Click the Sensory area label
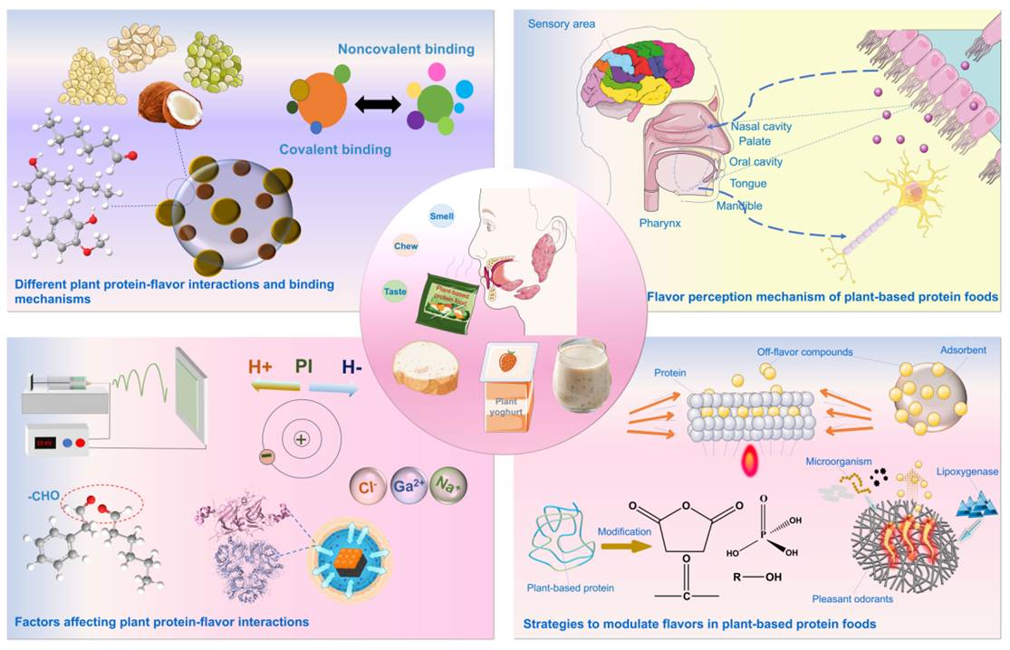(x=562, y=24)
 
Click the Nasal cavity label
(x=761, y=127)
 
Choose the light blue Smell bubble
(x=443, y=216)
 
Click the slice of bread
(x=426, y=369)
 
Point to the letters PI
(x=304, y=367)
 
